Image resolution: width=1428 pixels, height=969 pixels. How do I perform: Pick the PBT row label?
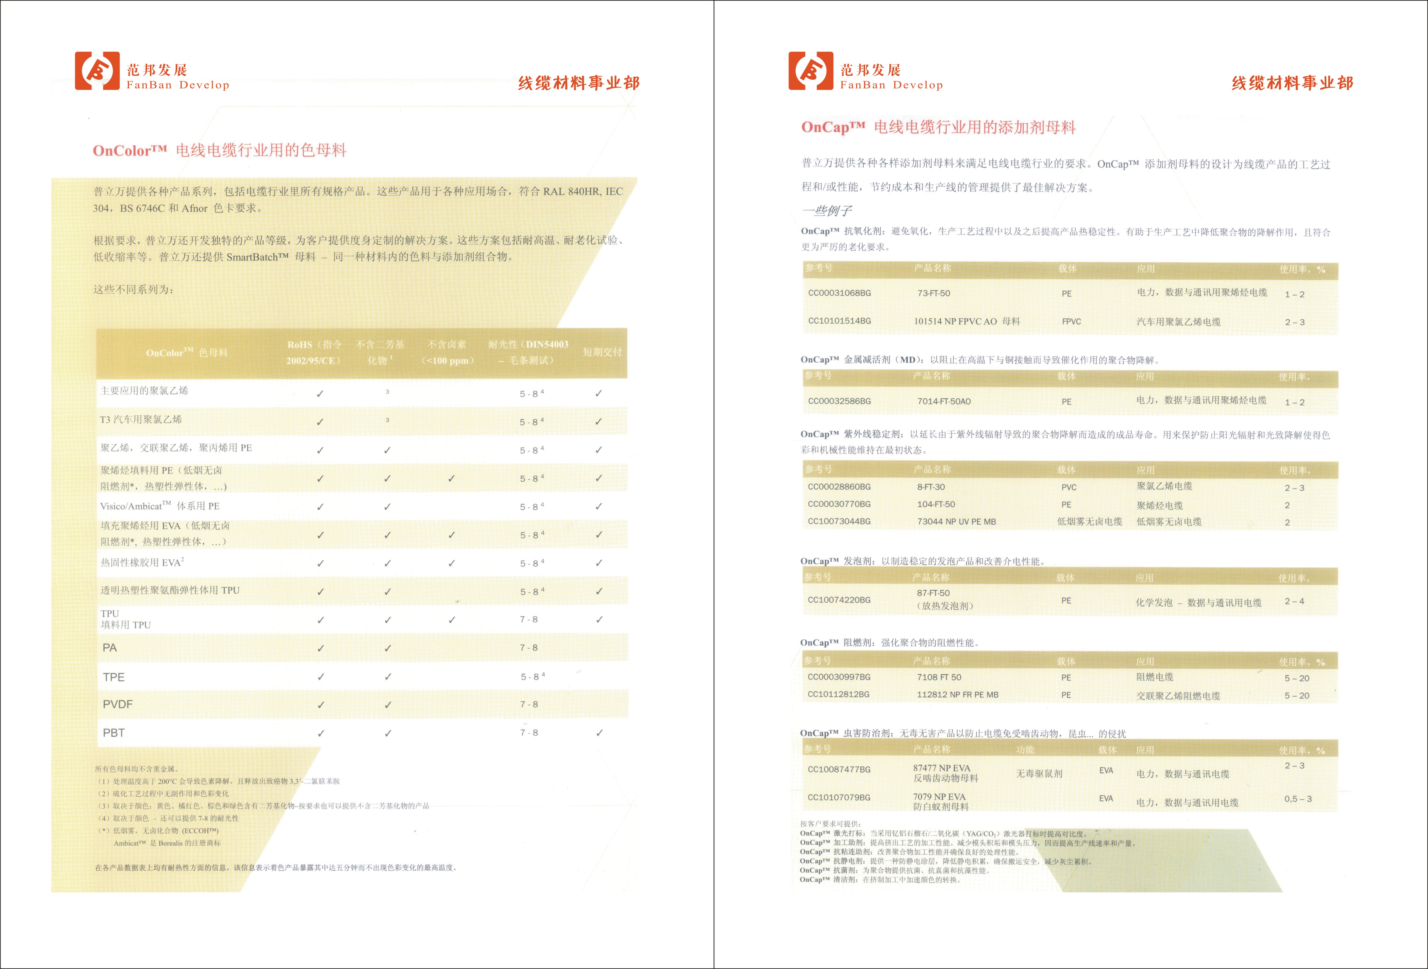click(114, 733)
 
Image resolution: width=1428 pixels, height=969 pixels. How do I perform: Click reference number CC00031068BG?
click(839, 293)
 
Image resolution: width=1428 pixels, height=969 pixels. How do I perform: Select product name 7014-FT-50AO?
click(944, 401)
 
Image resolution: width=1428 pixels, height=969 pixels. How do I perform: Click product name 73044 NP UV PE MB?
click(956, 522)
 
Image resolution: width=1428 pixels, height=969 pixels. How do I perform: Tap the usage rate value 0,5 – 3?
click(1298, 799)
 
